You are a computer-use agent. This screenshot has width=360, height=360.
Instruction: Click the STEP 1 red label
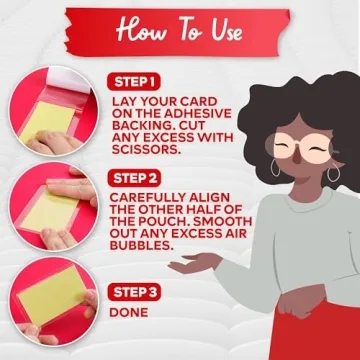(134, 83)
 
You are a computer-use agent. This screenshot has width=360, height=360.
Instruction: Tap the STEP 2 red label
(134, 178)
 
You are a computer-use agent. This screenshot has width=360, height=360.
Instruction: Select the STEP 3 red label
(134, 292)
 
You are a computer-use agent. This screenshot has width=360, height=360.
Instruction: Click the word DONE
(129, 312)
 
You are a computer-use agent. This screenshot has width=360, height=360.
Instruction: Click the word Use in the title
(226, 31)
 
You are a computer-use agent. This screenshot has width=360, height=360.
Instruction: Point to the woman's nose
(297, 156)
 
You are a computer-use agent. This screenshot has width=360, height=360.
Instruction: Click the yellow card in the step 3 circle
(50, 293)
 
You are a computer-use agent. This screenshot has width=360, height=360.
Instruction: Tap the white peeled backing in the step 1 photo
(68, 79)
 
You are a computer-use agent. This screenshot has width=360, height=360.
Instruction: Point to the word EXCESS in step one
(170, 137)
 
